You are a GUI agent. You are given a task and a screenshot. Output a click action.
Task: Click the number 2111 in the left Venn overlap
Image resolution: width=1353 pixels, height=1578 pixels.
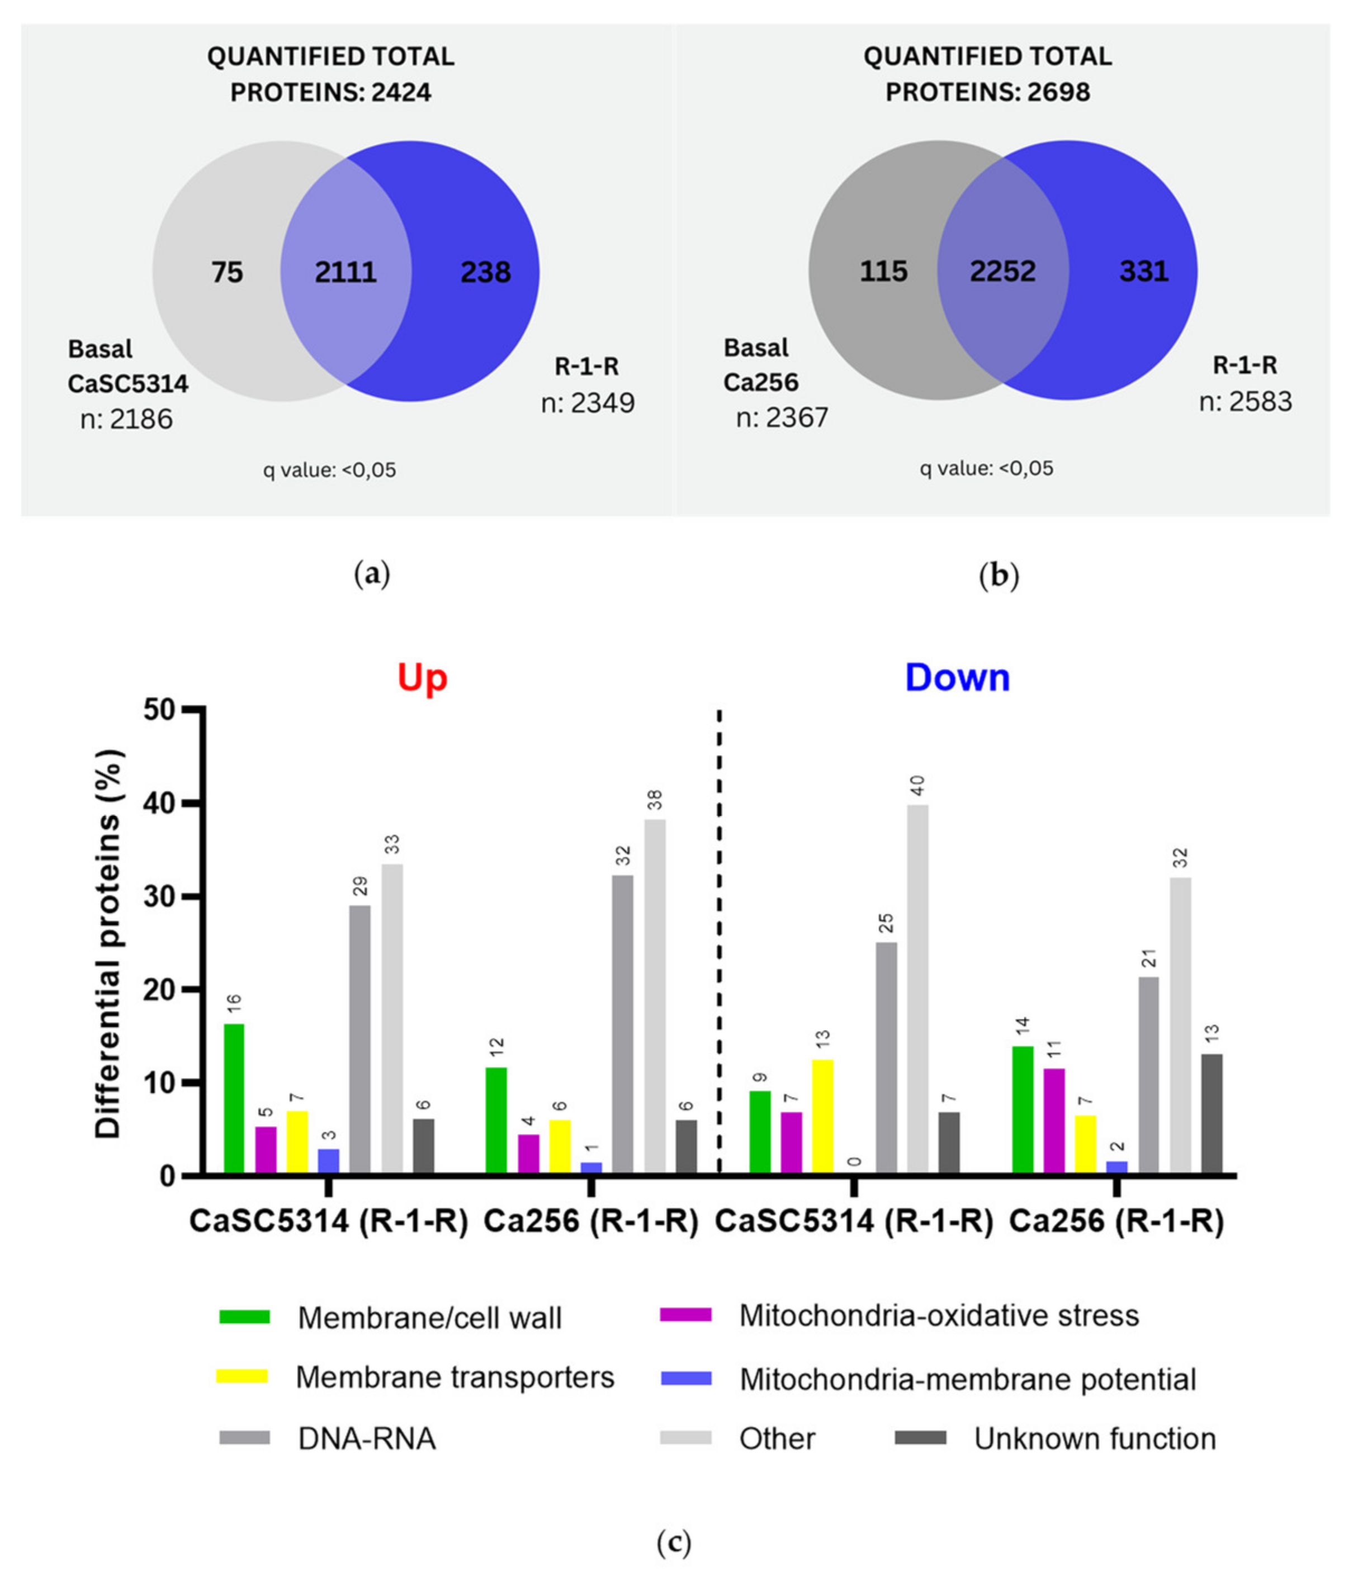click(x=346, y=272)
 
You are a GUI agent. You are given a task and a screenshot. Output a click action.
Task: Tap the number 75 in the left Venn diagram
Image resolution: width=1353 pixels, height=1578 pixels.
click(x=227, y=272)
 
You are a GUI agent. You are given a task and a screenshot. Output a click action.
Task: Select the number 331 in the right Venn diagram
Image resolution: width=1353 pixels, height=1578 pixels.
click(x=1143, y=271)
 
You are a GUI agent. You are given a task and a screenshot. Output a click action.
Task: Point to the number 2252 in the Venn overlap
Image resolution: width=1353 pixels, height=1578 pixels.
click(x=1002, y=271)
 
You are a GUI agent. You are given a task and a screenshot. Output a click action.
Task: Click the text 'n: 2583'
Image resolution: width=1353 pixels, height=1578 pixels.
click(x=1246, y=401)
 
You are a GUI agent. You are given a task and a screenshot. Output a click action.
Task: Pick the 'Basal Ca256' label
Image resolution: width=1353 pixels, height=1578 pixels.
click(x=761, y=365)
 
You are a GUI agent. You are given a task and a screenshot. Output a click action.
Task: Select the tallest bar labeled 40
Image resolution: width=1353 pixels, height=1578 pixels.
click(x=918, y=990)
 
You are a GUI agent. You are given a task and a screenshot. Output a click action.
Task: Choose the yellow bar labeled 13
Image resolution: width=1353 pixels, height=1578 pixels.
click(x=823, y=1117)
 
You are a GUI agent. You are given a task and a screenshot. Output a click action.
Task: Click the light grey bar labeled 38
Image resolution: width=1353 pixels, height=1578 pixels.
click(x=654, y=997)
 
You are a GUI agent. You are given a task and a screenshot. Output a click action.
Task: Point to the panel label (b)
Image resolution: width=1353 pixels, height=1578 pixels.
click(x=998, y=575)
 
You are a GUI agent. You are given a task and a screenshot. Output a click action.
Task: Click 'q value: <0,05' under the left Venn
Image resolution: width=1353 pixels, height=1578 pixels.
click(x=330, y=470)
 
